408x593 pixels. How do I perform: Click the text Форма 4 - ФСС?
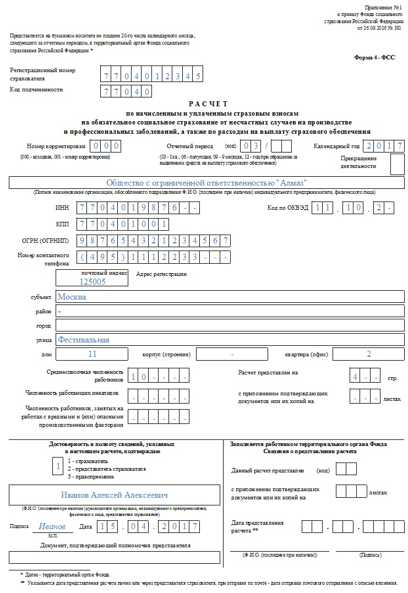374,57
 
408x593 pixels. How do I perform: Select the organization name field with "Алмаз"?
206,183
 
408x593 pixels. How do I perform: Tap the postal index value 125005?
93,281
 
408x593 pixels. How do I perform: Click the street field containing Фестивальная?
230,340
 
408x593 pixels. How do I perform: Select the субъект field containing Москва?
230,296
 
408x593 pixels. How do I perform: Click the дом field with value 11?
92,354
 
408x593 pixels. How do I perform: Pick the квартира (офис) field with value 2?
368,354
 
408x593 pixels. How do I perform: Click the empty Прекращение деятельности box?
397,164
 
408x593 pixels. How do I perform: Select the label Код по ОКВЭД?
286,208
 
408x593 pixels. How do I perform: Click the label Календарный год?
336,146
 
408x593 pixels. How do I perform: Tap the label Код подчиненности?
36,89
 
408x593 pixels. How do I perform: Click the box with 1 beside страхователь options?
57,467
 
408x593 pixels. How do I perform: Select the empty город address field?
230,325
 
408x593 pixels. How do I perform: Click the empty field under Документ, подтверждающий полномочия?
115,557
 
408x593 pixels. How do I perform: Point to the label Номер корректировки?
56,146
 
